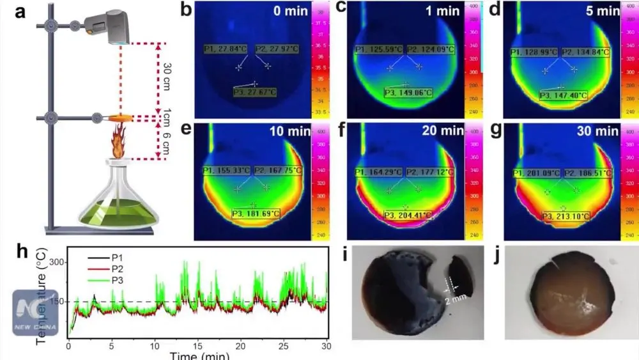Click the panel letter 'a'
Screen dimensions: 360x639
click(x=21, y=12)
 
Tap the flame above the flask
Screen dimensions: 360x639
click(x=118, y=142)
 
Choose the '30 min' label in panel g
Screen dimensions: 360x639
click(x=601, y=132)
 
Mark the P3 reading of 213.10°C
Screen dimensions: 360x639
click(x=566, y=216)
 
